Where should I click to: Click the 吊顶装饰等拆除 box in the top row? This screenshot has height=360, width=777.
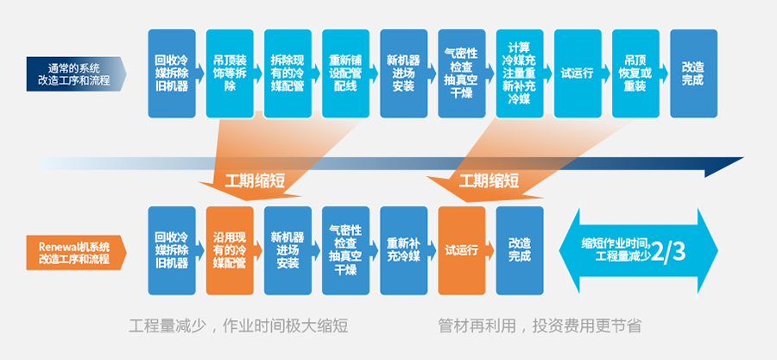(x=230, y=73)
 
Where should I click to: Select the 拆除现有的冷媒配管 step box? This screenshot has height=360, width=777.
(x=287, y=73)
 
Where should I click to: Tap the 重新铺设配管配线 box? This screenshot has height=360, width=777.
(x=345, y=73)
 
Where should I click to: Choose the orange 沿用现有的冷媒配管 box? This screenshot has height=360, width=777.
(x=230, y=250)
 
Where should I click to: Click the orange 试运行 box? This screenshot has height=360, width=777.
(x=462, y=250)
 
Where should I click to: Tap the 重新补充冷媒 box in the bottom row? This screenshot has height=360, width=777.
(x=403, y=250)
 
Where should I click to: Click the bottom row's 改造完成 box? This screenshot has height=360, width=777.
(x=520, y=250)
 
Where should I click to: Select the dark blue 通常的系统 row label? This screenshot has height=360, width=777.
(x=74, y=73)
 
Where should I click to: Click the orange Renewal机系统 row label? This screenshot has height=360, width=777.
(x=74, y=251)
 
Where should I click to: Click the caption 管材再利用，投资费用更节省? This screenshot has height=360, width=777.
(x=539, y=325)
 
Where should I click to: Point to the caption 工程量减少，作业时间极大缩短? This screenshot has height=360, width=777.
(x=238, y=325)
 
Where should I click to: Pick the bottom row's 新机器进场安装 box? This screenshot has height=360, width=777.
(x=287, y=250)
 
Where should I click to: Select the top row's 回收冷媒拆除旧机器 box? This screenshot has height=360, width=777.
(x=171, y=73)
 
